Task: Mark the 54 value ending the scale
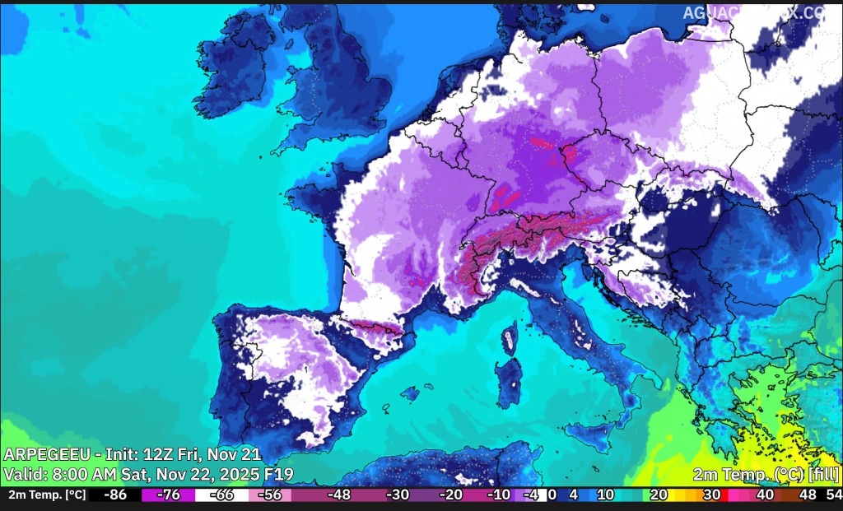(833, 495)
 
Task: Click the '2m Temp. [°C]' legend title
(47, 495)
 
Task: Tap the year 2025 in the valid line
(231, 474)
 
